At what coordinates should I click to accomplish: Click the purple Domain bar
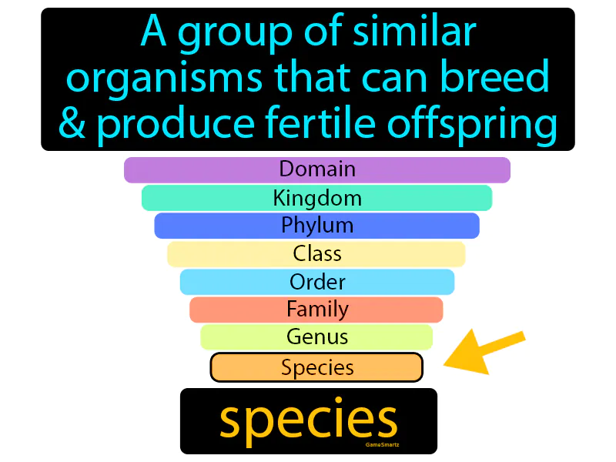[316, 169]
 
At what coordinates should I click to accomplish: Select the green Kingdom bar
[316, 198]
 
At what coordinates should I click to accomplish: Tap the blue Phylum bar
[316, 226]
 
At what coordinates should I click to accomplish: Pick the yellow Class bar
[316, 253]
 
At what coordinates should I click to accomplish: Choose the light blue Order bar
[316, 282]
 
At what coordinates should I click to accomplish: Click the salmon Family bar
[316, 310]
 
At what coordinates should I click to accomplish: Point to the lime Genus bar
[316, 337]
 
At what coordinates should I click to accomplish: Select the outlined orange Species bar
[316, 367]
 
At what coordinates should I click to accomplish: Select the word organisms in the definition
[161, 79]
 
